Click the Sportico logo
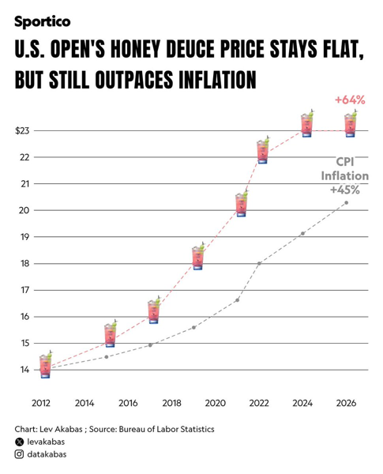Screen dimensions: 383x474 (43, 22)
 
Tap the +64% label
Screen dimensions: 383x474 (350, 100)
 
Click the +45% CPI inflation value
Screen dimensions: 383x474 (345, 190)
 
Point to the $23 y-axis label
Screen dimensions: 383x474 (22, 131)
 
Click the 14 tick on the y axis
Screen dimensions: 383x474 (24, 370)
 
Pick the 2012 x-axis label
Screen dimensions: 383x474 (41, 403)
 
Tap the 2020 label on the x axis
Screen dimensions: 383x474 (216, 403)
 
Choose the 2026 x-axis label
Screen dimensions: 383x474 (346, 403)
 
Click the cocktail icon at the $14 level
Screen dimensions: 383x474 (46, 365)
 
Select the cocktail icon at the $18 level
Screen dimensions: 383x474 (198, 256)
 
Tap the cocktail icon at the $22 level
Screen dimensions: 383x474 (263, 150)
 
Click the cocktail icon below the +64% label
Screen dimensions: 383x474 (351, 124)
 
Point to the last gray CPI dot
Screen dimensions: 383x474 (346, 202)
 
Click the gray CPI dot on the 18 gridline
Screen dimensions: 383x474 (259, 264)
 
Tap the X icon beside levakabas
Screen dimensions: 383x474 (19, 442)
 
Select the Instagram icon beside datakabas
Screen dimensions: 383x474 (19, 454)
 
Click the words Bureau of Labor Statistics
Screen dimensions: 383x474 (167, 429)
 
